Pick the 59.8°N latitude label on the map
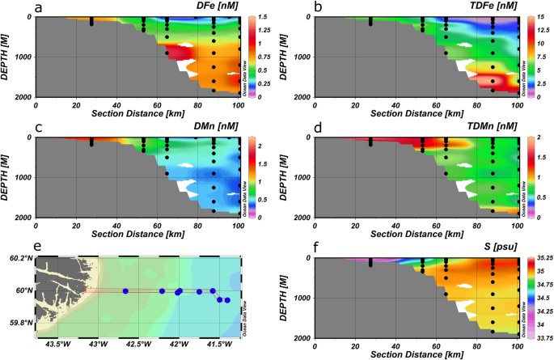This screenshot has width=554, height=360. [x=17, y=323]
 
